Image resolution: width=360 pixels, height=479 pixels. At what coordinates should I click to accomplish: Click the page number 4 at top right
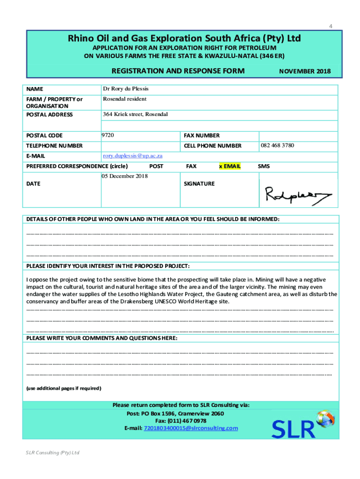331,26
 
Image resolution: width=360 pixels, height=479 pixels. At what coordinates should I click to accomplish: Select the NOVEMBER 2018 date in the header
304,72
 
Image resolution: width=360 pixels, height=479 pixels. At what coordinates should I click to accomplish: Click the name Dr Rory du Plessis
125,89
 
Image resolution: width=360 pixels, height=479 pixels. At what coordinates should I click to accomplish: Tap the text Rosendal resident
124,99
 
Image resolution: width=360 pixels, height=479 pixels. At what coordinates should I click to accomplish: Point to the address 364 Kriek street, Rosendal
135,115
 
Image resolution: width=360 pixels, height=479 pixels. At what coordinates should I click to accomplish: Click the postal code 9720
108,135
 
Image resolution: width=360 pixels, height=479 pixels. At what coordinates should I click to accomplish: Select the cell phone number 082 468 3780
277,145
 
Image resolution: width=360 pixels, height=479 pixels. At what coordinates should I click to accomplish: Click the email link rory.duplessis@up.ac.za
132,156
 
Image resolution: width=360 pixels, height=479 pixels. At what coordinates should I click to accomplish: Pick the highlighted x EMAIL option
230,166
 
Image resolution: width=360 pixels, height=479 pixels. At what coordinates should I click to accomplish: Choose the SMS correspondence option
264,166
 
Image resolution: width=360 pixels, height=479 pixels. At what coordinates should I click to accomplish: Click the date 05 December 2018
125,176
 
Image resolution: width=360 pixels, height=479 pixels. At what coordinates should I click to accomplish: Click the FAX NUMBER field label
202,136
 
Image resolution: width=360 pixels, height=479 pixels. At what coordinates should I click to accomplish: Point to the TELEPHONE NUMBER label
54,146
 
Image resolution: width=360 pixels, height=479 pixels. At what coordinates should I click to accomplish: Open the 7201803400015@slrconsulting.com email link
191,428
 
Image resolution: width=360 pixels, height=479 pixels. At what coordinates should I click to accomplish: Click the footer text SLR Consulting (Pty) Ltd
52,453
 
